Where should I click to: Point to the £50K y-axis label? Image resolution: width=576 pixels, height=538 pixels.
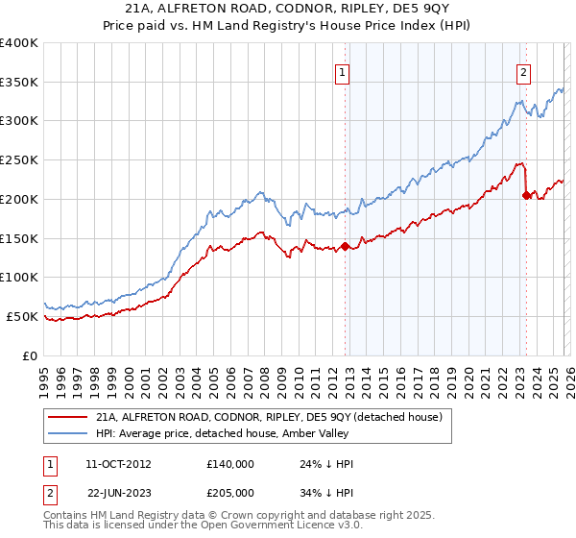(22, 316)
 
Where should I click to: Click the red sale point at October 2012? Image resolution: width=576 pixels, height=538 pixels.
(345, 247)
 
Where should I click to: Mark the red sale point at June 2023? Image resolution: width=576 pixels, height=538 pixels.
(525, 196)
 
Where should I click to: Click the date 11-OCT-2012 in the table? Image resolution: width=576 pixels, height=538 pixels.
(119, 464)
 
